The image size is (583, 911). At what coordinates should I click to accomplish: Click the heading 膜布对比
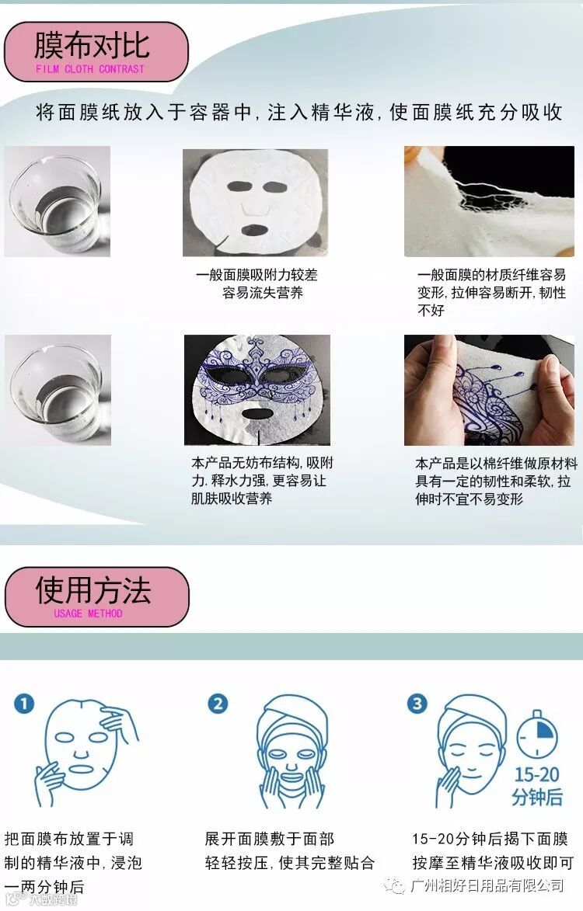92,45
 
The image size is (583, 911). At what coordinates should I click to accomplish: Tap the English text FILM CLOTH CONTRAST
90,69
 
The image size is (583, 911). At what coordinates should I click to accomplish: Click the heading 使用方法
93,590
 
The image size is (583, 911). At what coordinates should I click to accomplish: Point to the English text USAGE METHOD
89,614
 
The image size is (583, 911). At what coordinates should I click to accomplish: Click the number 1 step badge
24,704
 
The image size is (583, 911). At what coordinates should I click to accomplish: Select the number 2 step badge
218,704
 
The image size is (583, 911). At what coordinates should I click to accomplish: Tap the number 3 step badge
417,704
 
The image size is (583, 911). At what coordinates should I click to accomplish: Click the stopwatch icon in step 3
537,735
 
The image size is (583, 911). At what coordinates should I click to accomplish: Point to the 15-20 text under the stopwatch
536,774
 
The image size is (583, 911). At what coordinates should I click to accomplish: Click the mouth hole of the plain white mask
254,229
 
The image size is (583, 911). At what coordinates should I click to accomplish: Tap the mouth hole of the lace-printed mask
257,414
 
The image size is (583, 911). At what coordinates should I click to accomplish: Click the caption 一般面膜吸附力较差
257,275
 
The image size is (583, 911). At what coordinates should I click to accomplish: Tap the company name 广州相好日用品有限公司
487,885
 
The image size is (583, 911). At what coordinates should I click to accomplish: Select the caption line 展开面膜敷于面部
269,839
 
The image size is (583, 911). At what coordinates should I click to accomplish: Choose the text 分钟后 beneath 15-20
537,797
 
